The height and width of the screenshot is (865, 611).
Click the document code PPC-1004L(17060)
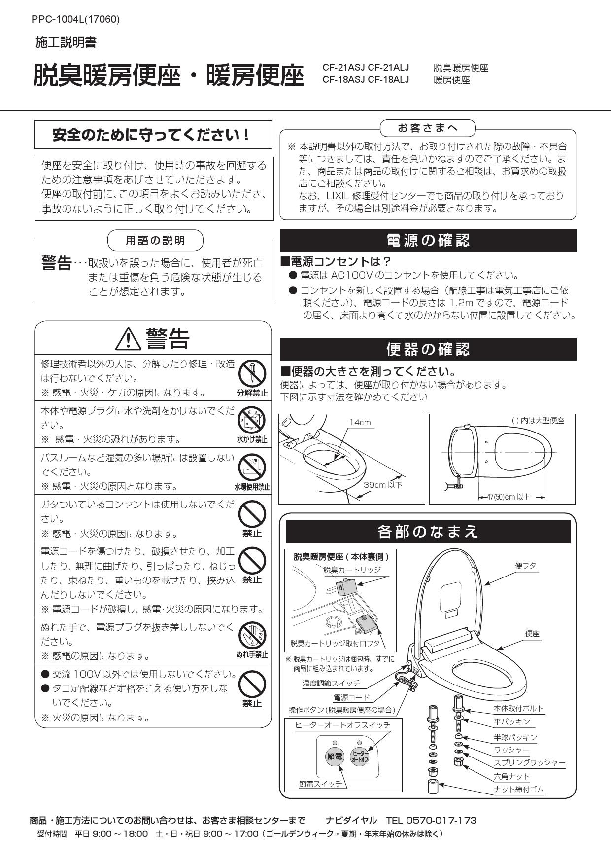[x=75, y=19]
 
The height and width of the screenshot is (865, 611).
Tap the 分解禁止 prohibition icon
[x=252, y=373]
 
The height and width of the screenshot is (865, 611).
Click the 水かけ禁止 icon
[x=252, y=420]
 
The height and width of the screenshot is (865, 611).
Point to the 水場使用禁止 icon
[x=252, y=466]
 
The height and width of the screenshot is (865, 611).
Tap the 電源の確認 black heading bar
[x=428, y=241]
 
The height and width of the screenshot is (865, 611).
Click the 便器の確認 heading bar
[x=428, y=349]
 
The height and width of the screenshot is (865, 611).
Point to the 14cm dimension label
[x=360, y=423]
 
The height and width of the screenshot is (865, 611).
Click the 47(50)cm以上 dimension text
[x=508, y=497]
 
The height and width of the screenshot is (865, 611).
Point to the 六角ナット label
[x=511, y=776]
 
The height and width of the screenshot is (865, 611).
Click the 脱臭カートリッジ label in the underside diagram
[x=352, y=570]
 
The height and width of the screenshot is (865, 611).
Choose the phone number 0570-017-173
[x=441, y=821]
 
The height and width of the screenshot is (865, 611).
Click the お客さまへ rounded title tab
[x=428, y=128]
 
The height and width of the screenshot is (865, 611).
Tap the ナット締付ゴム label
[x=518, y=790]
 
